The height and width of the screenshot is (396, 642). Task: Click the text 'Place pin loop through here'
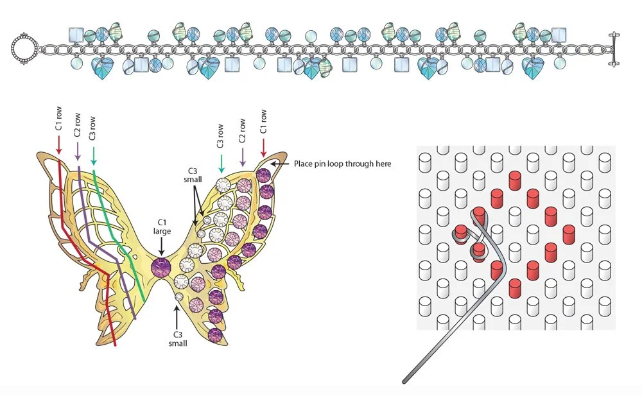(342, 164)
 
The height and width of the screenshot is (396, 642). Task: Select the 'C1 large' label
(160, 226)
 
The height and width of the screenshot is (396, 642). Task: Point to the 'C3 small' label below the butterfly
(178, 338)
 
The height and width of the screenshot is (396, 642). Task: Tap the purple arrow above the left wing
(76, 149)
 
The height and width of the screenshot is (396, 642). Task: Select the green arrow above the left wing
(94, 155)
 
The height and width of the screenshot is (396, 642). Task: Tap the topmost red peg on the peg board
(514, 178)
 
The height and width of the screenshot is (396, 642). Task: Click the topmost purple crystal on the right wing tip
(263, 173)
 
